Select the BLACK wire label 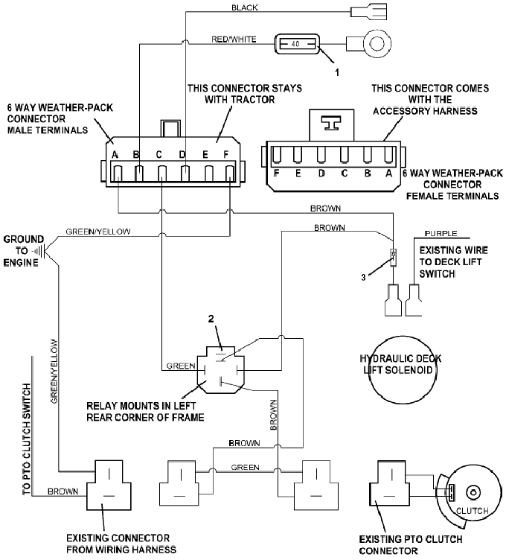(x=246, y=7)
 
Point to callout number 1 (x=336, y=73)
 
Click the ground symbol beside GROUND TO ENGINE (x=37, y=251)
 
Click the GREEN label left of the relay (x=180, y=366)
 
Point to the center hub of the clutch (x=472, y=491)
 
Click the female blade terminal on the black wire (x=370, y=12)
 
